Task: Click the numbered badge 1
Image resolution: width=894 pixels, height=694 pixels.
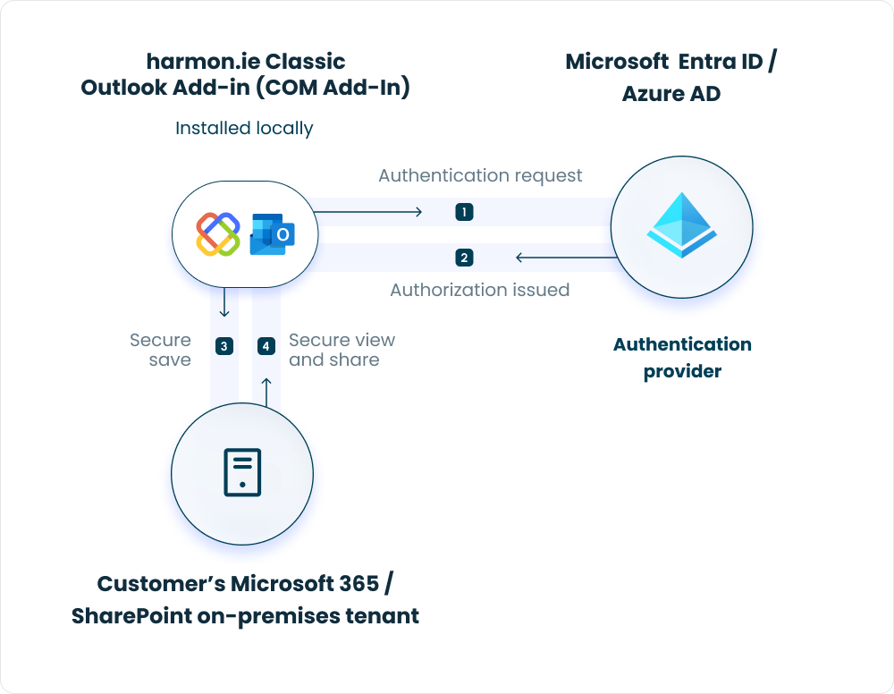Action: tap(464, 212)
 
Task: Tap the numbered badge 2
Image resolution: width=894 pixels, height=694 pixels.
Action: tap(464, 258)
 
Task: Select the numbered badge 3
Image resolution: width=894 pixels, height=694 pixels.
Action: tap(224, 346)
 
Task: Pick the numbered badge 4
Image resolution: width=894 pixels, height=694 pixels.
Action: tap(266, 346)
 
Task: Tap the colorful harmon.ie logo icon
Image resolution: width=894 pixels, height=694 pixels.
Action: tap(218, 234)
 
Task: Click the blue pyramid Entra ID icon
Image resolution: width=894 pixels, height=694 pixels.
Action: tap(682, 225)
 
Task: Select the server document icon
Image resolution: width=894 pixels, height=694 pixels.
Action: tap(242, 472)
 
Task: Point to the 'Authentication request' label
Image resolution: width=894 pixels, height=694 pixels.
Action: tap(480, 175)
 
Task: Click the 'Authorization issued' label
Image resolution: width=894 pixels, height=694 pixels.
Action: tap(480, 290)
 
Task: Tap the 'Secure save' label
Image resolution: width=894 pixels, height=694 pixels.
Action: tap(161, 350)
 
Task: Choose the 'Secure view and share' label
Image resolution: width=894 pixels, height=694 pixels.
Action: tap(342, 350)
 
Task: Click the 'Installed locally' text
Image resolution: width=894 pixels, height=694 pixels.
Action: tap(244, 128)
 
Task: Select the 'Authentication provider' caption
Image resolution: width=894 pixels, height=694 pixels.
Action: tap(682, 357)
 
